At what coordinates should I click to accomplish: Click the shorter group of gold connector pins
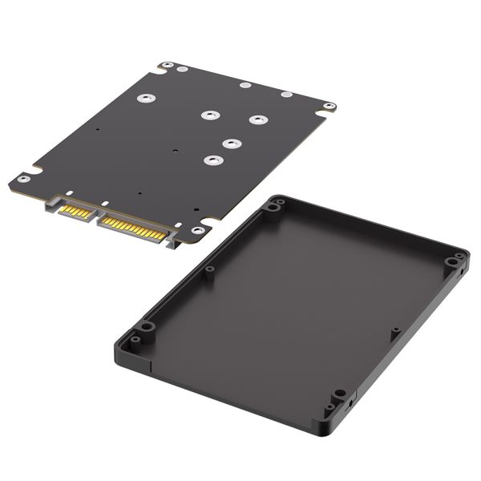(x=75, y=212)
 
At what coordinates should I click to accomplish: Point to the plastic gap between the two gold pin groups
(x=94, y=218)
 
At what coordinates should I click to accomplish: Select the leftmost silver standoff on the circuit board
(x=144, y=99)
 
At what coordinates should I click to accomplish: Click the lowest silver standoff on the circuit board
(x=212, y=160)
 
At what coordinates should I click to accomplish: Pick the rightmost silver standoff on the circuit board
(x=257, y=120)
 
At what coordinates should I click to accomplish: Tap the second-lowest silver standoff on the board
(x=232, y=144)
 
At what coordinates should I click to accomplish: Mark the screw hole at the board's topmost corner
(x=167, y=66)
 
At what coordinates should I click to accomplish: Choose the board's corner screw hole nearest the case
(x=197, y=231)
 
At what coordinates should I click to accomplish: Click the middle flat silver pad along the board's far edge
(x=245, y=85)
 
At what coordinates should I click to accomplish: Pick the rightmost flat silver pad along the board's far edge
(x=286, y=95)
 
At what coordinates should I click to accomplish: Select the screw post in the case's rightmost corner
(x=455, y=261)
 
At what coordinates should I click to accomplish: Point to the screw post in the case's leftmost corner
(x=144, y=328)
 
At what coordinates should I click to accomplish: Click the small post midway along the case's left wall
(x=209, y=270)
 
